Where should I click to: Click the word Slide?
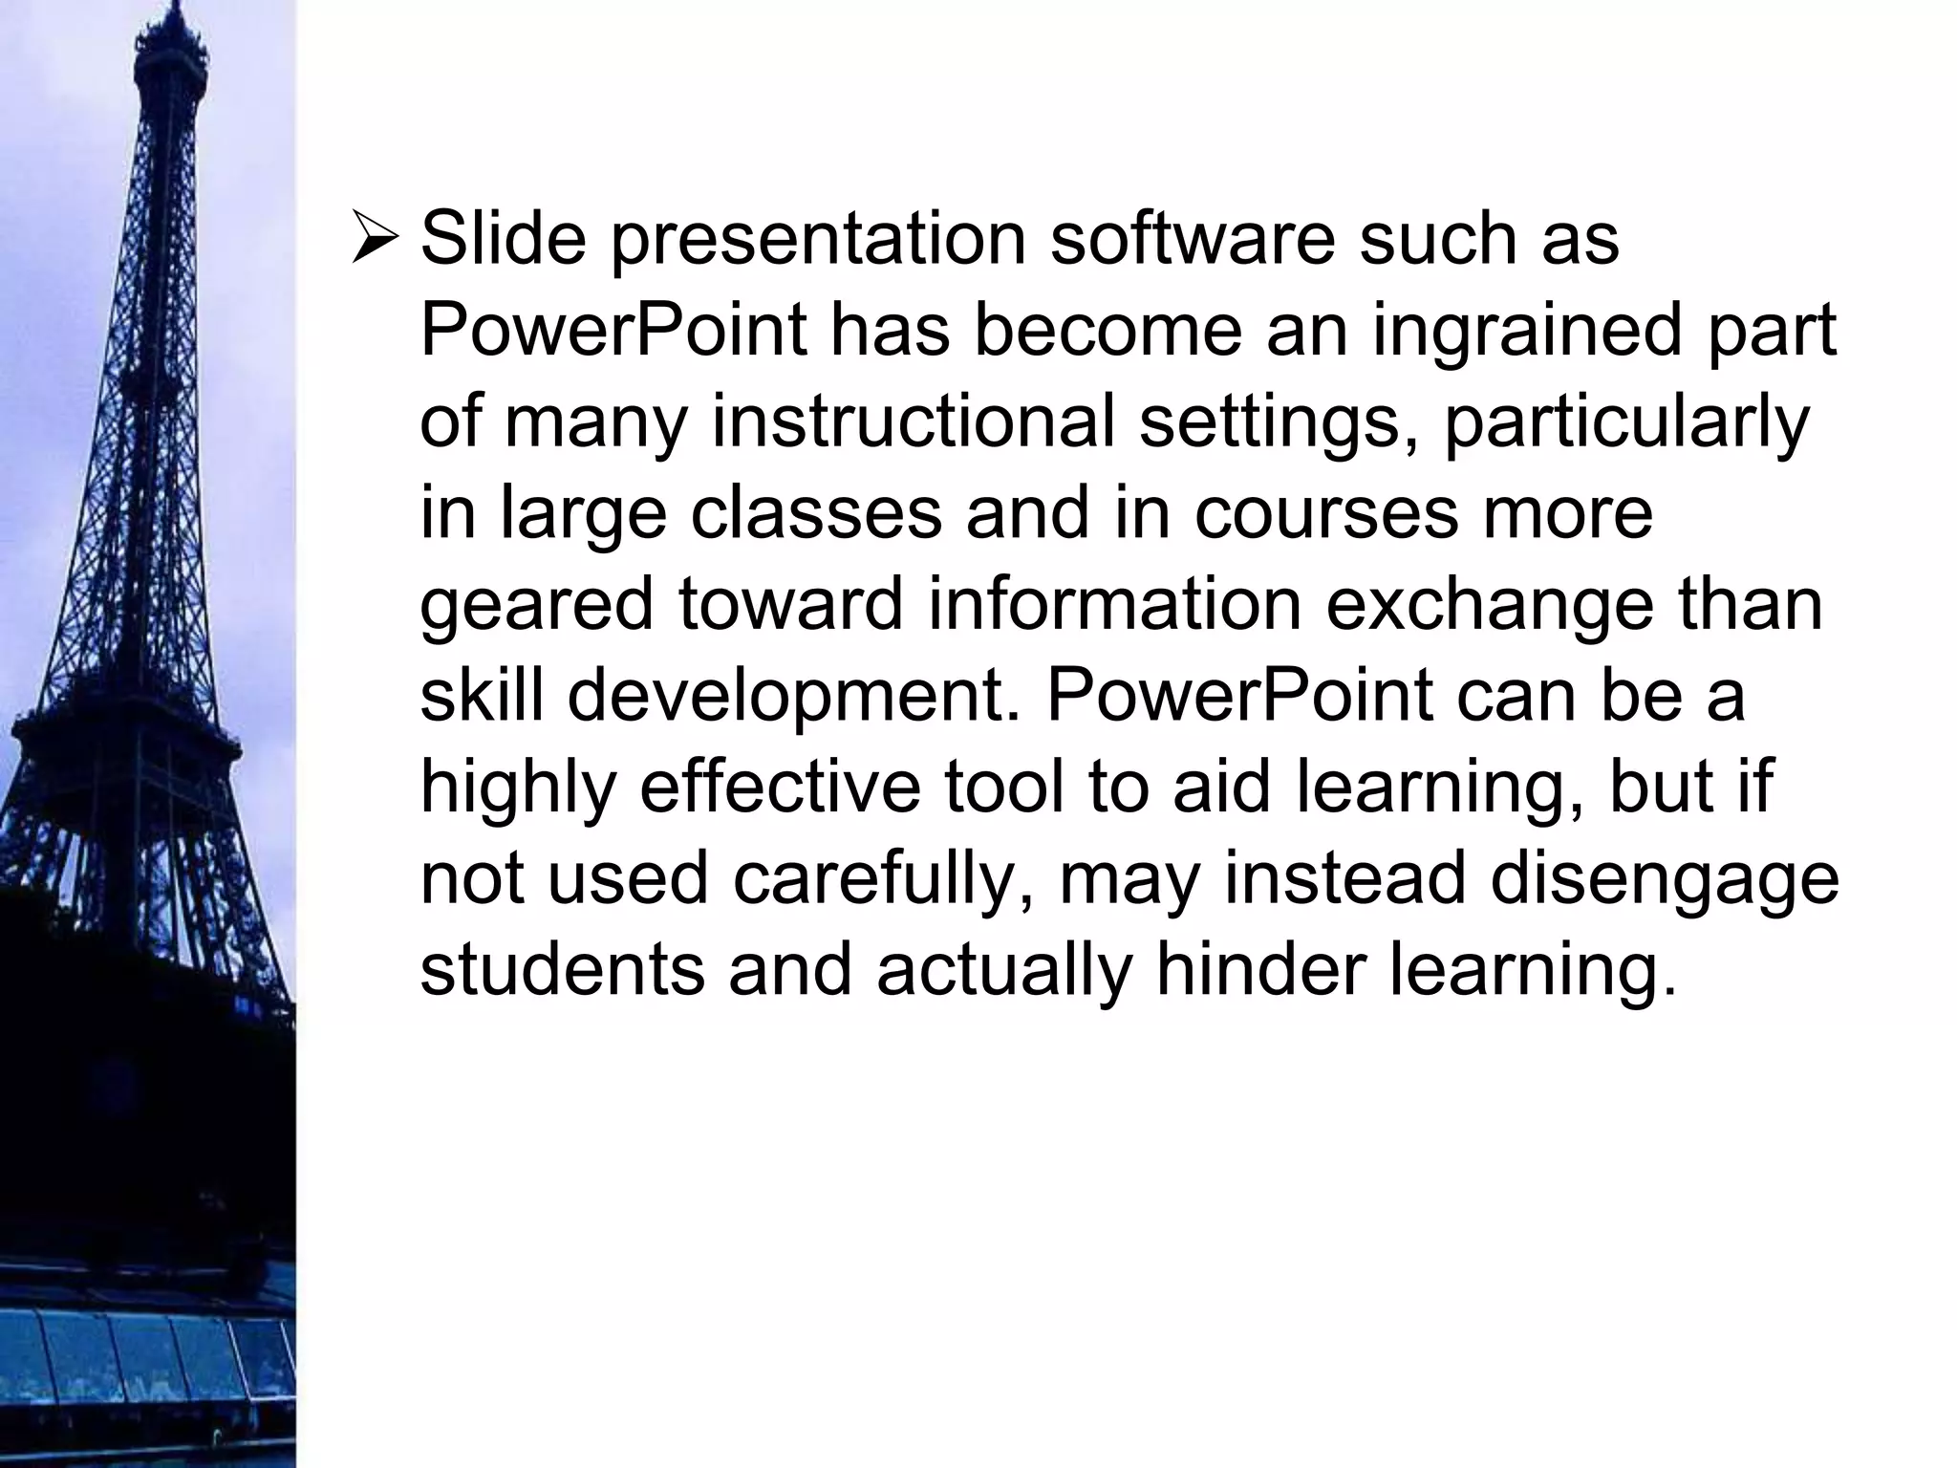503,239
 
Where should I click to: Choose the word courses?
1326,515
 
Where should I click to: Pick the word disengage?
1664,881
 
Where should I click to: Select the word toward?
791,606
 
